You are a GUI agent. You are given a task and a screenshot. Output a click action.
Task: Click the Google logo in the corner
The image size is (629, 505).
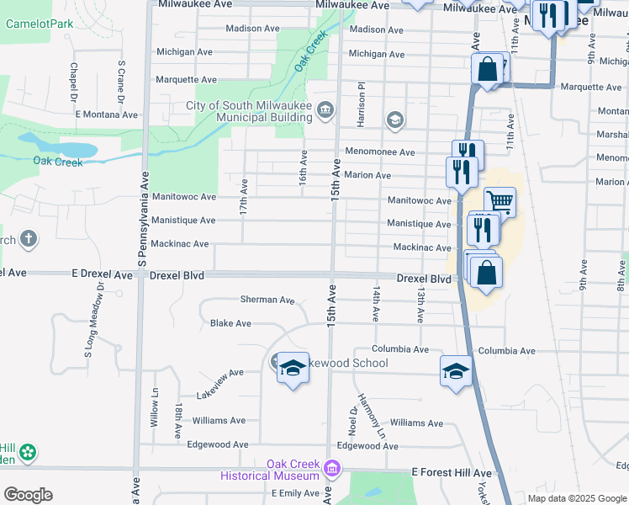tap(28, 495)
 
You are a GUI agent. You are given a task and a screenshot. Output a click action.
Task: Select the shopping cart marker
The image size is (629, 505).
tap(499, 201)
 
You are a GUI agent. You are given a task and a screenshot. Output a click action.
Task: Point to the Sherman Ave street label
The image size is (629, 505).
tap(267, 300)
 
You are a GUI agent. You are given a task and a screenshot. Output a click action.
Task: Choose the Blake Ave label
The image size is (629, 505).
tap(230, 323)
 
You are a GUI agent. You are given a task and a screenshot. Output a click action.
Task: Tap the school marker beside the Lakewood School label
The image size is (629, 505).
tap(292, 369)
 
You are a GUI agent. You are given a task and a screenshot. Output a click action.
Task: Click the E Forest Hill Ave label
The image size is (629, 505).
tap(450, 474)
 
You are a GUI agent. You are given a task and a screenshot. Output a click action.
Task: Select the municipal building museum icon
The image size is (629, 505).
tap(325, 110)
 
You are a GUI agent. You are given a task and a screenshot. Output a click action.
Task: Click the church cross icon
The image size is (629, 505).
tap(29, 239)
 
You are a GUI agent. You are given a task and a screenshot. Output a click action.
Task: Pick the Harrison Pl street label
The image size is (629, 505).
tap(359, 104)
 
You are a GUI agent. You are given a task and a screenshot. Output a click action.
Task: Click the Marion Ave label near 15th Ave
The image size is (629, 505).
tap(367, 175)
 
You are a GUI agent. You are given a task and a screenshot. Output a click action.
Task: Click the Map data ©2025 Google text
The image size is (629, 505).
tap(575, 498)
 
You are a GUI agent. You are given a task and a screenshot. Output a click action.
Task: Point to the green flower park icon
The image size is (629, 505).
tap(29, 453)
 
